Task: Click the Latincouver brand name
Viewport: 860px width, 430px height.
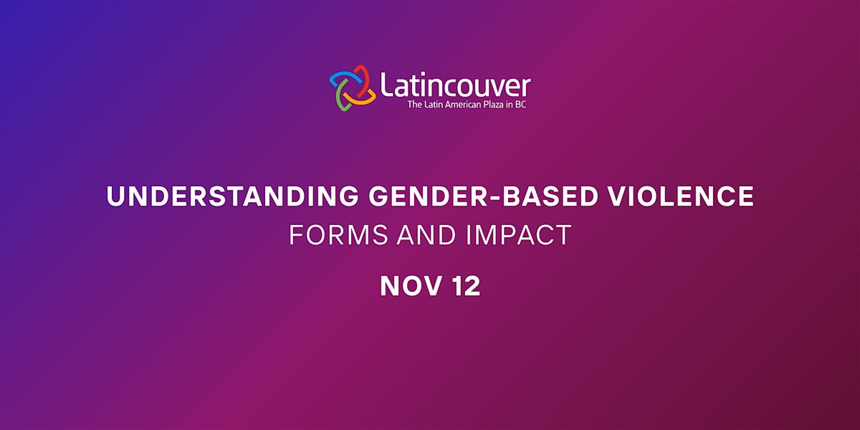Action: coord(454,85)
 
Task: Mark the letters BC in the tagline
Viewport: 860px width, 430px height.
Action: coord(523,105)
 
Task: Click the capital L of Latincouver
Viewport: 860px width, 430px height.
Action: coord(388,85)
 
